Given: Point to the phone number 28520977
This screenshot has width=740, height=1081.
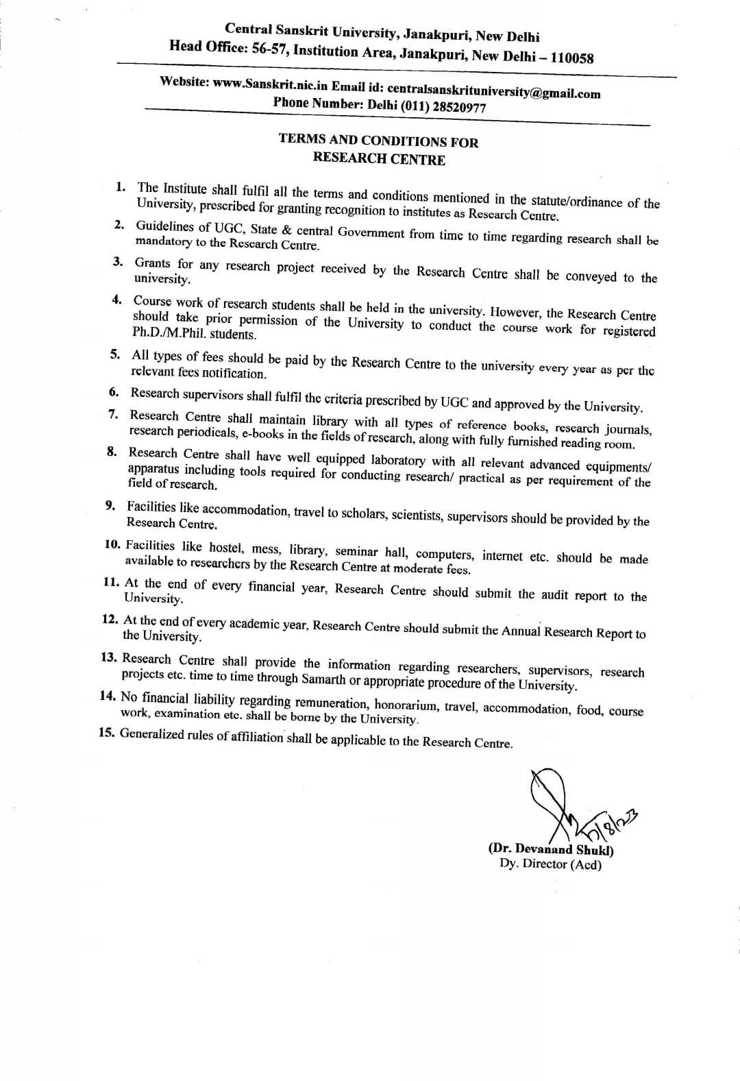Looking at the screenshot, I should pyautogui.click(x=455, y=108).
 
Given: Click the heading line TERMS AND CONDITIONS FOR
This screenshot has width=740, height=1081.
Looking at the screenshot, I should pyautogui.click(x=378, y=141).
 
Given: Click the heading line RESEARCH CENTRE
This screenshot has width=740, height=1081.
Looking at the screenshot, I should pyautogui.click(x=379, y=159).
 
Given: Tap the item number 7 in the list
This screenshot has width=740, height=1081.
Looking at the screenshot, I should pyautogui.click(x=114, y=414).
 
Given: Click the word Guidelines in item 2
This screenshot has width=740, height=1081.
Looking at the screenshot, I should pyautogui.click(x=165, y=226).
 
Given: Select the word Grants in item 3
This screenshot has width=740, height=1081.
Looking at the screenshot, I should pyautogui.click(x=152, y=263).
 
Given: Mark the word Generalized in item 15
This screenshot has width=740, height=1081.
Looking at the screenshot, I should pyautogui.click(x=151, y=734).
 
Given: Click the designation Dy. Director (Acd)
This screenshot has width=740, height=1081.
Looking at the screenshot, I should pyautogui.click(x=550, y=864).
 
